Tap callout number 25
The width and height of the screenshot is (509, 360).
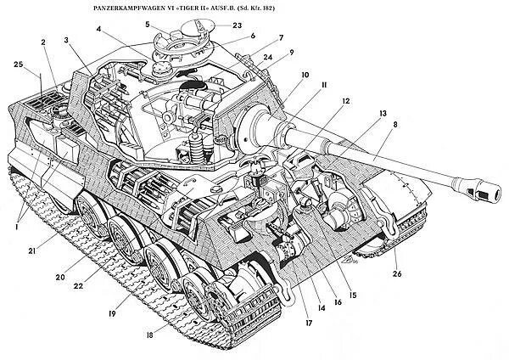pyautogui.click(x=20, y=65)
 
